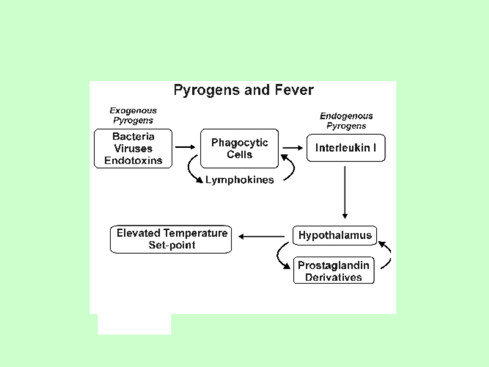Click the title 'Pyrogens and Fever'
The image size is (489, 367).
(x=244, y=90)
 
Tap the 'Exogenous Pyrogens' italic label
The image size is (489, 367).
(x=133, y=116)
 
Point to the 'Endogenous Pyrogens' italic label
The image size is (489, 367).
(x=346, y=121)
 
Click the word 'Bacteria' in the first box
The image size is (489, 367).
(x=133, y=136)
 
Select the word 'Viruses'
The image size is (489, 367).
(x=133, y=149)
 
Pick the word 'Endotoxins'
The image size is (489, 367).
(x=133, y=160)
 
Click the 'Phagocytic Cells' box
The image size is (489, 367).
(x=240, y=148)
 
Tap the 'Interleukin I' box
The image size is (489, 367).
(x=346, y=148)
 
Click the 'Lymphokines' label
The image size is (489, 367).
(x=240, y=180)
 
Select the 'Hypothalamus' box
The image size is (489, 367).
(x=335, y=236)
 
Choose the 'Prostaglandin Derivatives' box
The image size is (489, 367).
(x=334, y=271)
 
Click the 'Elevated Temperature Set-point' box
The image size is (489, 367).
(x=171, y=239)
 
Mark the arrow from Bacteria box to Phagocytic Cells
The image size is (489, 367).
(x=185, y=147)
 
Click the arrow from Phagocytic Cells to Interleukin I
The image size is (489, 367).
(x=292, y=147)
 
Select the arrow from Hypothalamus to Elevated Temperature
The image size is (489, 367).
(x=262, y=236)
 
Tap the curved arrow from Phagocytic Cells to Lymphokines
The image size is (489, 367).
(x=192, y=170)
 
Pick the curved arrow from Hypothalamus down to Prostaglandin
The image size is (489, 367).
(x=281, y=256)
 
